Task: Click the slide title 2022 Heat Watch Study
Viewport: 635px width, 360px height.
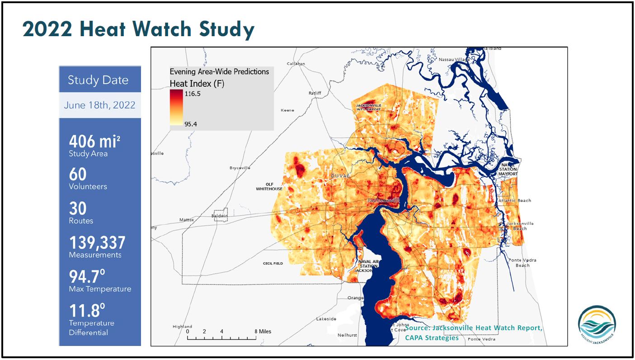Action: click(x=138, y=29)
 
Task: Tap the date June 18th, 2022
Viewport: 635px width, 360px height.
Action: click(x=99, y=105)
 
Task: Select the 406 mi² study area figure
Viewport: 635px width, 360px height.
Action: click(x=94, y=142)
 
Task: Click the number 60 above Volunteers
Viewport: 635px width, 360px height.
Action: click(x=77, y=174)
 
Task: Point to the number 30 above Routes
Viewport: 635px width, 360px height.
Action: click(x=77, y=208)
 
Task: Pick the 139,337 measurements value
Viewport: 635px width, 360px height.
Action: click(x=97, y=243)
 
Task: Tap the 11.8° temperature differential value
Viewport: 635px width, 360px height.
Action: click(x=87, y=311)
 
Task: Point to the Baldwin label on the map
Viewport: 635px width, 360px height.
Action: click(x=221, y=216)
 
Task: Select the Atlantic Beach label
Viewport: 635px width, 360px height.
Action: click(x=515, y=200)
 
